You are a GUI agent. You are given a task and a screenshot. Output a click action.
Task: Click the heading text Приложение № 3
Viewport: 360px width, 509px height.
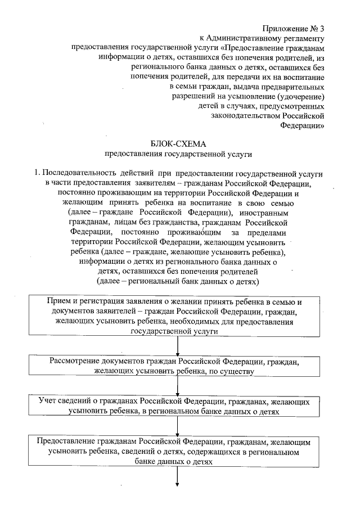293,28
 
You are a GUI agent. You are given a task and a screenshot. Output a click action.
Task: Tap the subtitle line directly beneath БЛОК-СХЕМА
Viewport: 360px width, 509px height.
179,154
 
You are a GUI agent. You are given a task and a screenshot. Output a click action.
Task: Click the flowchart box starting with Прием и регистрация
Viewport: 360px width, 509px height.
177,317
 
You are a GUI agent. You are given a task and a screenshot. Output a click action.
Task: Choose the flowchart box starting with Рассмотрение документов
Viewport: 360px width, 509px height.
177,366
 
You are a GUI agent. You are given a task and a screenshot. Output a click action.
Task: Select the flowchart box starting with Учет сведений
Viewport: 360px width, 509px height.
177,407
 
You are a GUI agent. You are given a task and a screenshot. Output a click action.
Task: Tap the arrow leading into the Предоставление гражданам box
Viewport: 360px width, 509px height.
178,426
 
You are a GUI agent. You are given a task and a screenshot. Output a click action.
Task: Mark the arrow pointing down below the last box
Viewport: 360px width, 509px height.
178,476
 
